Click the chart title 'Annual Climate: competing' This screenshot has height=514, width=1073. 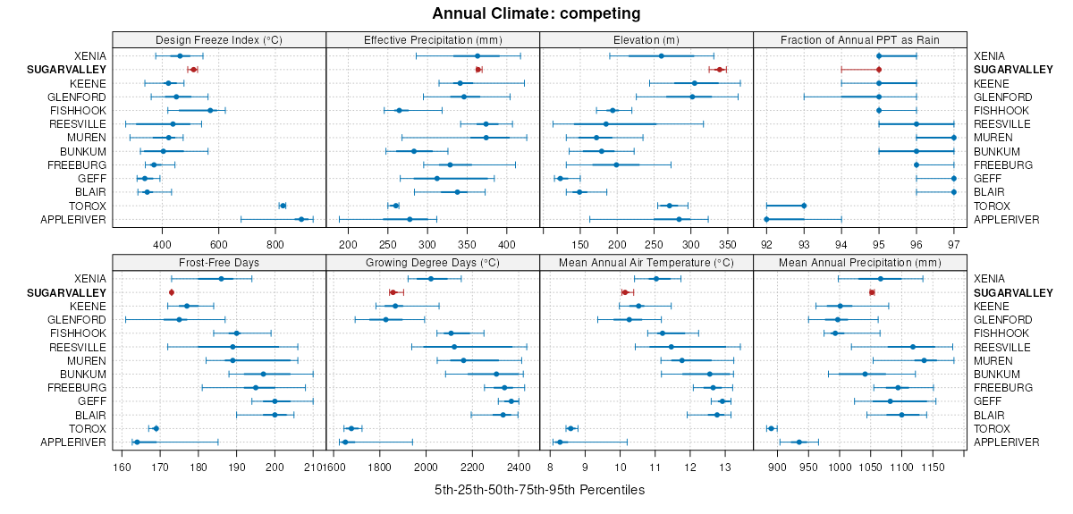coord(536,13)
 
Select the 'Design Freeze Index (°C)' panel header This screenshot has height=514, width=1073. coord(219,39)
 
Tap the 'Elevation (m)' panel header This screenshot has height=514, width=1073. coord(646,39)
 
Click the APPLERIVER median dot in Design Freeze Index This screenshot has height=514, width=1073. coord(301,219)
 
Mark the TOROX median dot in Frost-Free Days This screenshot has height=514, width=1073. coord(156,428)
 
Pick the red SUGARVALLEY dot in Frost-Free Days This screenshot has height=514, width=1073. coord(172,292)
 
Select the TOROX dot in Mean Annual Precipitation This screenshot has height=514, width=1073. coord(772,428)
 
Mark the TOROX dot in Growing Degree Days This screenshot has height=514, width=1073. coord(351,428)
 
